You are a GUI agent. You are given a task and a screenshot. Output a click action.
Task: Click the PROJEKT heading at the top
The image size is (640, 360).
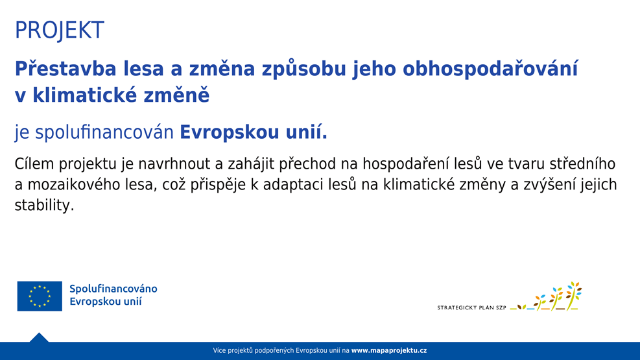point(60,30)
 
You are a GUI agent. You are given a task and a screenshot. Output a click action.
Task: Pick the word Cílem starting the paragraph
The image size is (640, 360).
point(34,163)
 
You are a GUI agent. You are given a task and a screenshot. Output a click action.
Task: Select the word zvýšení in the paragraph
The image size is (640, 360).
point(554,185)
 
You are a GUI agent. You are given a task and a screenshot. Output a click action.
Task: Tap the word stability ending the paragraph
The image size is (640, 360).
point(45,206)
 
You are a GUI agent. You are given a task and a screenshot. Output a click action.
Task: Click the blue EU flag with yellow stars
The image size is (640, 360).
point(40,296)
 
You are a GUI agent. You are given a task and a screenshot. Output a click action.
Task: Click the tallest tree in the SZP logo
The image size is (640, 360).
point(573,294)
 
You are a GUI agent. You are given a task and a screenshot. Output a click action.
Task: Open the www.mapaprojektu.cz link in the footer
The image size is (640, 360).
point(389,351)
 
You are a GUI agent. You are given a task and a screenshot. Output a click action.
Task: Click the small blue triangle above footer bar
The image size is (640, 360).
point(39,337)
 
